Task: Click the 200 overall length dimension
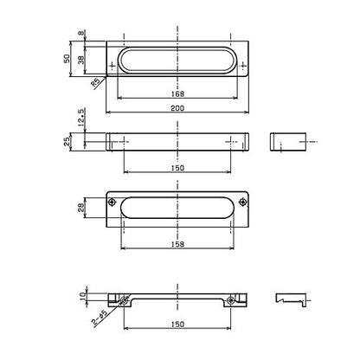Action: [177, 108]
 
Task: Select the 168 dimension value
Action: [177, 94]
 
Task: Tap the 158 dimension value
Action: [177, 244]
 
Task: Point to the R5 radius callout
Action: [95, 82]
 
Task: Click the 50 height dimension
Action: [67, 59]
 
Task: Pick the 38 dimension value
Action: [81, 60]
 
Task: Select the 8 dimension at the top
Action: [82, 33]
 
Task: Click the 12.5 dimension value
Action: [81, 118]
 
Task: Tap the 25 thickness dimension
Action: [67, 142]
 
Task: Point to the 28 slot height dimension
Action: [81, 208]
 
